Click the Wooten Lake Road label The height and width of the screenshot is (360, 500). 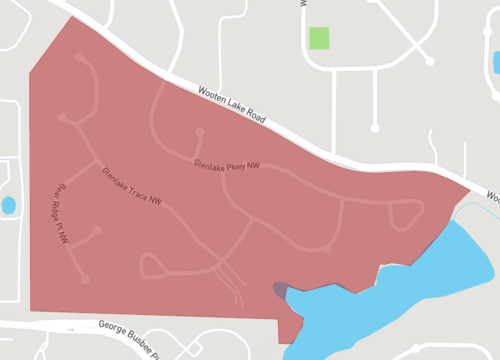click(233, 104)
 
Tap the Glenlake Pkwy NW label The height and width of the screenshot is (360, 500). click(226, 164)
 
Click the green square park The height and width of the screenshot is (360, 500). click(319, 38)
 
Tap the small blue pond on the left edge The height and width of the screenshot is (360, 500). click(8, 206)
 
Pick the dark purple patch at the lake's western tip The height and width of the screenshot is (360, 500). click(280, 290)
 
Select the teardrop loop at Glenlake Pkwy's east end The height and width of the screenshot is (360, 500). click(405, 215)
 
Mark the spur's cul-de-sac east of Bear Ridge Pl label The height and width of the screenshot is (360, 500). click(98, 231)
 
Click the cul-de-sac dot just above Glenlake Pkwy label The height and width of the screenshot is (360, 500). click(200, 132)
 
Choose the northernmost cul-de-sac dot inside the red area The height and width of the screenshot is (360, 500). click(77, 56)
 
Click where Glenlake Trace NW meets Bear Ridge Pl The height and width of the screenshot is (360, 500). click(96, 162)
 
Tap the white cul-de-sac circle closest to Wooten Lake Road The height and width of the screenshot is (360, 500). click(376, 127)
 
